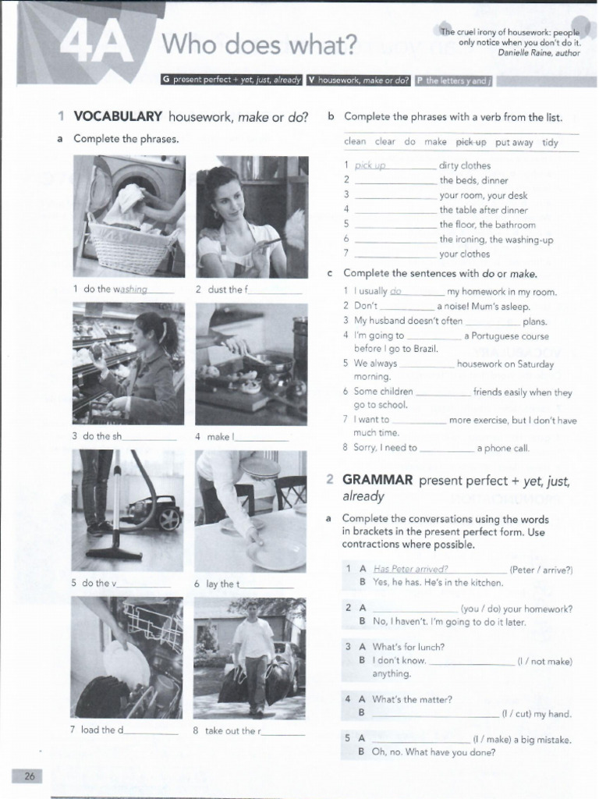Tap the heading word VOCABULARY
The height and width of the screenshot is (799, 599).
point(118,117)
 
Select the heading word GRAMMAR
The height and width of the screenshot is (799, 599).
point(377,481)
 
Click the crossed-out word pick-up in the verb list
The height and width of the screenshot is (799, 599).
point(470,142)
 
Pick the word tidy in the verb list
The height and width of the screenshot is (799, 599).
point(550,142)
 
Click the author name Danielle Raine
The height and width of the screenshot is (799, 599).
point(526,52)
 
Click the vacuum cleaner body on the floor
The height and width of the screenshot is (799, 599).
point(155,514)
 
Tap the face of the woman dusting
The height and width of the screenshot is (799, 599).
point(226,199)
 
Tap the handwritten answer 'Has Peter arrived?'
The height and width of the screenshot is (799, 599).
point(410,570)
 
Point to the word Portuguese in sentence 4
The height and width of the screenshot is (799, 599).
point(498,336)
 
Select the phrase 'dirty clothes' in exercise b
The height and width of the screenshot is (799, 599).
point(465,165)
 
